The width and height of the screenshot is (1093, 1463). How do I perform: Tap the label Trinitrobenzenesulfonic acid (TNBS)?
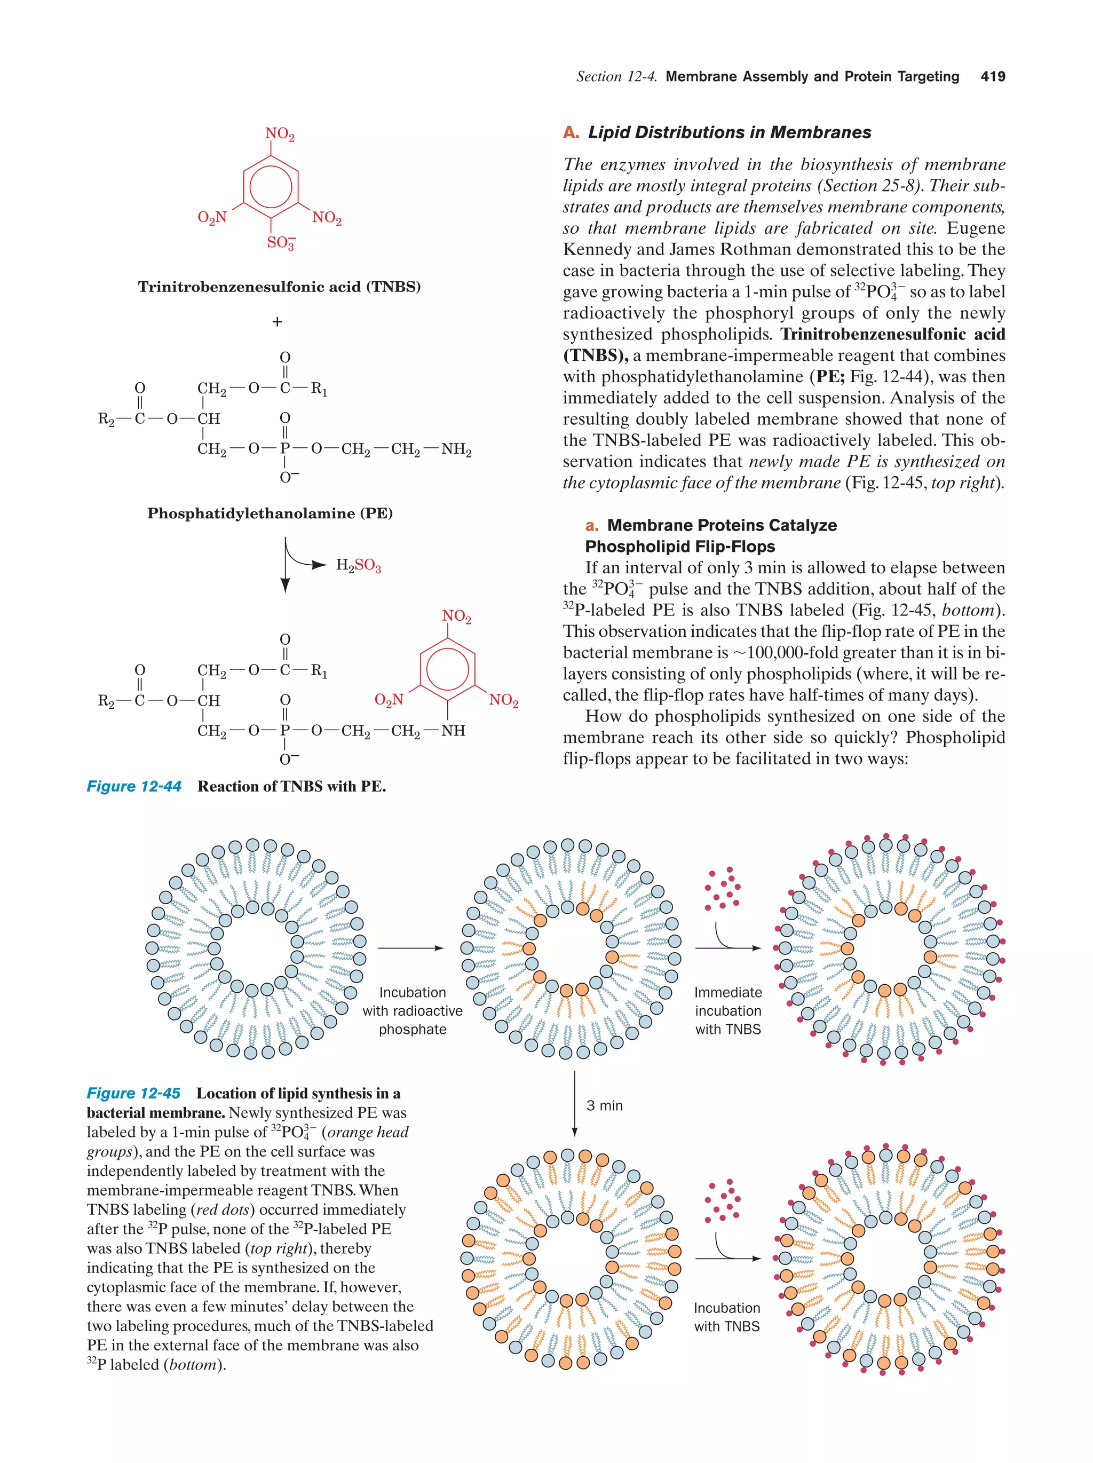[x=279, y=287]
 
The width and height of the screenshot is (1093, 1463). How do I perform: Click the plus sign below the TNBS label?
[x=277, y=322]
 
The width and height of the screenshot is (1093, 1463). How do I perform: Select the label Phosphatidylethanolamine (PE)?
[x=270, y=513]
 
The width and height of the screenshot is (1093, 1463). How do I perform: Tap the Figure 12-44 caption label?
[x=134, y=786]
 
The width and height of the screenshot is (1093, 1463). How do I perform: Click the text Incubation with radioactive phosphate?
[x=413, y=1010]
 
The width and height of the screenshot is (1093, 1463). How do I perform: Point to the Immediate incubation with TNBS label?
[x=728, y=1010]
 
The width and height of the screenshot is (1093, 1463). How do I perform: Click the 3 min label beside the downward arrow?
[x=604, y=1106]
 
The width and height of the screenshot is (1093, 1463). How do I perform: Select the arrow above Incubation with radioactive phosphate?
[x=410, y=948]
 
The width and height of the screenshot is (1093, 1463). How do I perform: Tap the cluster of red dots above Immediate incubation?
[x=722, y=888]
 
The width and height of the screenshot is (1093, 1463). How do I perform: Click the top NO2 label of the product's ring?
[x=456, y=616]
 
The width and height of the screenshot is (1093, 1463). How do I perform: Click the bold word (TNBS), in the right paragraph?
[x=595, y=356]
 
